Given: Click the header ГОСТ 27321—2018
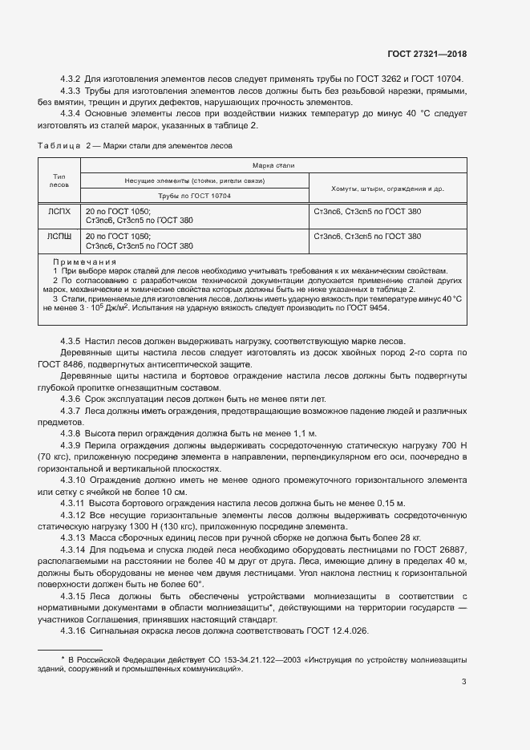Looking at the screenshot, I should pos(426,55).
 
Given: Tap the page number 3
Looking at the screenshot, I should pos(463,682).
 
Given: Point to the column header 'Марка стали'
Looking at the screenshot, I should pos(273,165).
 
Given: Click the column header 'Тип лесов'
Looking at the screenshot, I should pos(59,180).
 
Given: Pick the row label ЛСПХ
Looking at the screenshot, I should pos(59,212).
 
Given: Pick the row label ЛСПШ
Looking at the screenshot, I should pos(59,237).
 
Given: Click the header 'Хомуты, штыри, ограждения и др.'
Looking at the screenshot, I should pos(387,189).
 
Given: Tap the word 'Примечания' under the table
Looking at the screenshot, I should pos(84,262).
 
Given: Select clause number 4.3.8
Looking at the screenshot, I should pos(71,432).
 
